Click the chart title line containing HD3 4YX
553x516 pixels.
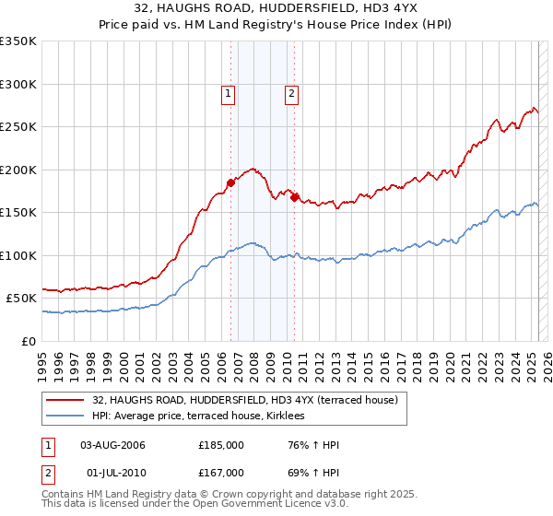point(276,8)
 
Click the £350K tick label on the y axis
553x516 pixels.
point(18,41)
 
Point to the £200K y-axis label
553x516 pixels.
point(18,170)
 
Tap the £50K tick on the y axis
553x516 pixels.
point(22,299)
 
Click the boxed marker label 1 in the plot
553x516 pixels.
point(228,92)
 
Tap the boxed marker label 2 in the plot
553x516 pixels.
point(291,92)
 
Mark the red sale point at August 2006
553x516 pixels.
point(230,182)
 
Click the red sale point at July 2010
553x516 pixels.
point(294,197)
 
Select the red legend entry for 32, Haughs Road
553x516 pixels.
point(244,400)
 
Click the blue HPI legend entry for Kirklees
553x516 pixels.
point(204,416)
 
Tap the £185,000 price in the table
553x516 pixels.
point(221,445)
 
